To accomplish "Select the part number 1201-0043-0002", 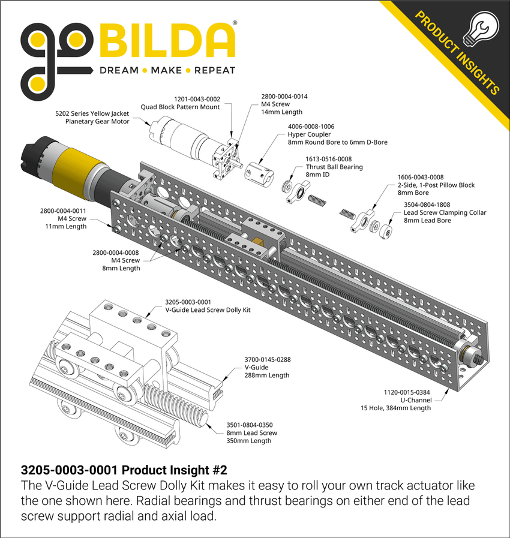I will click(197, 99).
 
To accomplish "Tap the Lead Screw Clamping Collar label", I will click(445, 212).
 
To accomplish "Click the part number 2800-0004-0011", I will click(63, 211).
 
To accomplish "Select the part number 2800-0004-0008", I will click(116, 253).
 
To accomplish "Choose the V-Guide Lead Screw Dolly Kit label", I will click(207, 310).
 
